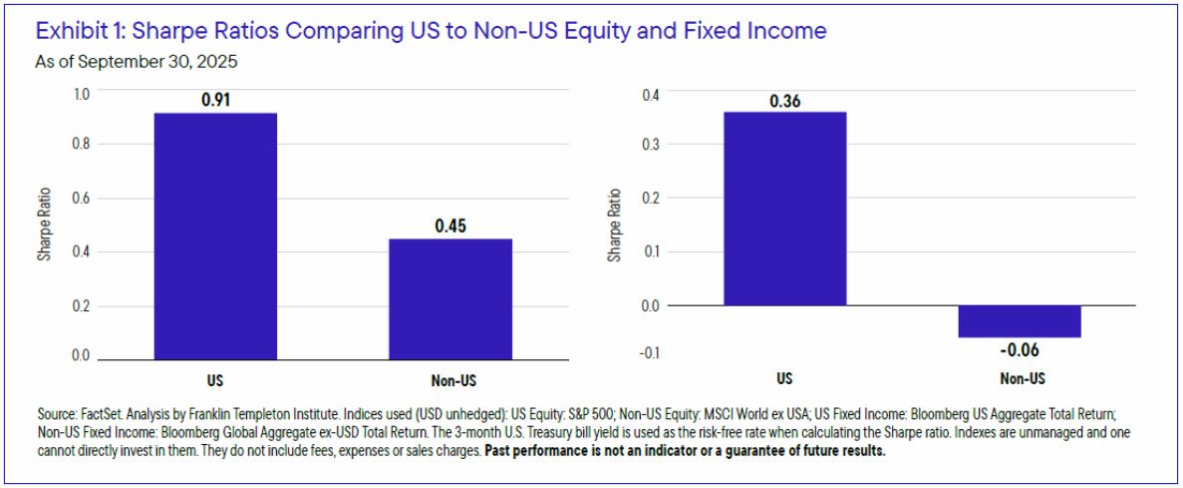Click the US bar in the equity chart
click(x=215, y=236)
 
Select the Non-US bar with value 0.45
click(x=450, y=298)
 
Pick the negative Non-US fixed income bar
click(x=1020, y=320)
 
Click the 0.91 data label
click(x=215, y=101)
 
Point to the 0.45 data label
click(x=450, y=227)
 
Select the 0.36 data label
click(x=784, y=100)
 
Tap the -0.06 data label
click(x=1019, y=349)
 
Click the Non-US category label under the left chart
click(x=450, y=380)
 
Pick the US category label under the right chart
click(x=784, y=380)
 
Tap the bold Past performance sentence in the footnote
click(x=686, y=450)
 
